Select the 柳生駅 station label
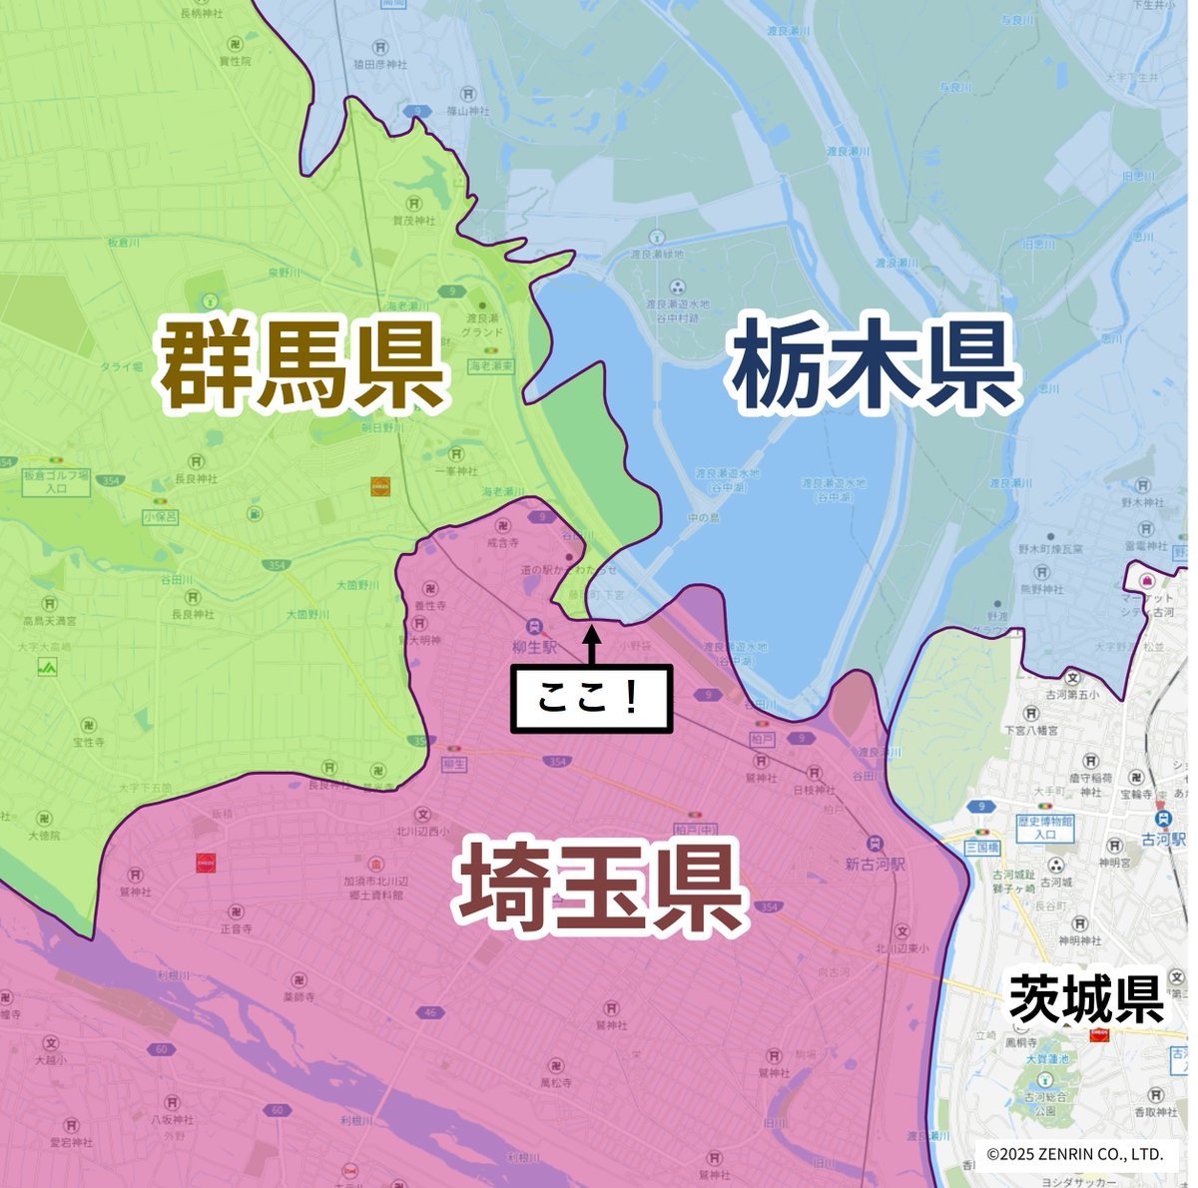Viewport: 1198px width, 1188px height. [536, 646]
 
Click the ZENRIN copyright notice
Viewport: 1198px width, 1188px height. [1074, 1154]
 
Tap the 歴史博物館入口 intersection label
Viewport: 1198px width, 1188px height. [1044, 828]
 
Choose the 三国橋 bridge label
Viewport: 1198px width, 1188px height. [982, 847]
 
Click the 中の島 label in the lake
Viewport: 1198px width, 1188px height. [704, 517]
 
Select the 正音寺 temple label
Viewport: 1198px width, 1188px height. [237, 928]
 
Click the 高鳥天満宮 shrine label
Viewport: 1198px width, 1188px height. [50, 621]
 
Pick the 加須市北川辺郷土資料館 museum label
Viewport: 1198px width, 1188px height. [375, 889]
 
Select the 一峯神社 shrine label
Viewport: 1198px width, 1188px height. [456, 471]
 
